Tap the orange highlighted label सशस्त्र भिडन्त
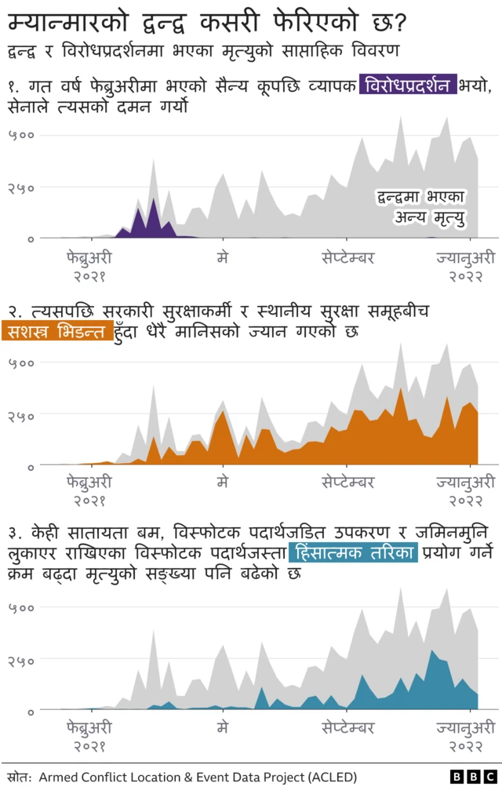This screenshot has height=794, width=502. (57, 332)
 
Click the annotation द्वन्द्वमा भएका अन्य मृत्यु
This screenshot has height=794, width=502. (420, 206)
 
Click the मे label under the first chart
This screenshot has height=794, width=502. (223, 257)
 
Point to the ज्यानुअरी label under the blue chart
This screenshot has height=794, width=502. (466, 727)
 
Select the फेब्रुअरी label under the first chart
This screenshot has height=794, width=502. (89, 257)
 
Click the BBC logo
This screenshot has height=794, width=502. (474, 777)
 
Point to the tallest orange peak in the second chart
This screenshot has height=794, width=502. (401, 390)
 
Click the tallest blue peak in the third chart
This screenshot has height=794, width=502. (433, 651)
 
